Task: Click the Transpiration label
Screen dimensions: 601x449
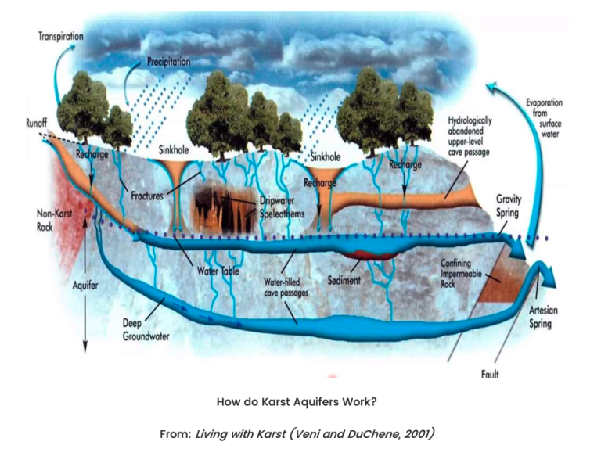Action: [x=61, y=37]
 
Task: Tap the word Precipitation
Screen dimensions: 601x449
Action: [x=169, y=62]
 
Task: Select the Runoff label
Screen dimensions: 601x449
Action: [x=37, y=123]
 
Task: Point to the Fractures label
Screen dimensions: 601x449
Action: [x=147, y=196]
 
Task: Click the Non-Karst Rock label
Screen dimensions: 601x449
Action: [x=54, y=220]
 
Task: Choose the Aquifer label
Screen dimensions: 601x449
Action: [x=85, y=286]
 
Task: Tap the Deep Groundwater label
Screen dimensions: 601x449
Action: [x=146, y=330]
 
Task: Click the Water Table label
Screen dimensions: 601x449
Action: [x=218, y=271]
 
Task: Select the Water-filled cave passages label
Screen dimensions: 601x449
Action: [x=286, y=288]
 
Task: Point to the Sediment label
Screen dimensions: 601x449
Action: [x=344, y=281]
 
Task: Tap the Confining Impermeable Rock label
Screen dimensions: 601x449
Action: [x=461, y=274]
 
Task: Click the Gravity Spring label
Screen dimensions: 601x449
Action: [x=509, y=206]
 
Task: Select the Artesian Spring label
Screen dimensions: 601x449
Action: [x=543, y=317]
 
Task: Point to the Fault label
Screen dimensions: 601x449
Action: [x=490, y=374]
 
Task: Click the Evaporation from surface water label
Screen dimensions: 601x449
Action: [x=545, y=118]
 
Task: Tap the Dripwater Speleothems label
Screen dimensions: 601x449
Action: [x=282, y=207]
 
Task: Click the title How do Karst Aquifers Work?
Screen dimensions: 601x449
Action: [x=297, y=402]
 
